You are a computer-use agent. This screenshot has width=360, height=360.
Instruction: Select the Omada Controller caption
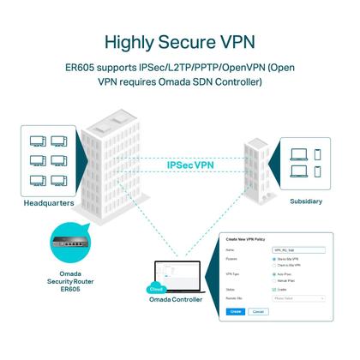(176, 300)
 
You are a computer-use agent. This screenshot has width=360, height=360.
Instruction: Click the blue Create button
(236, 312)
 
